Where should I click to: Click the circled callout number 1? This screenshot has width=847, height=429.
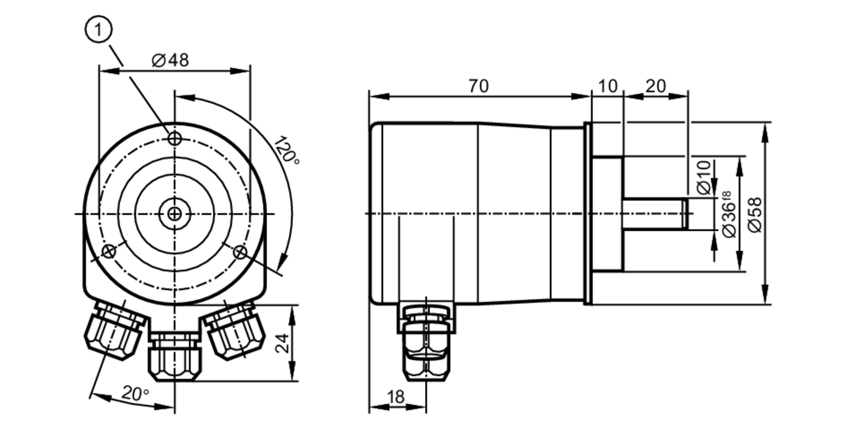(99, 30)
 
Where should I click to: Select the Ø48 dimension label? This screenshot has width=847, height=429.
(170, 61)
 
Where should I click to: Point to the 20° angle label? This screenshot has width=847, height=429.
(136, 393)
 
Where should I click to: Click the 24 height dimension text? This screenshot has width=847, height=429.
(282, 343)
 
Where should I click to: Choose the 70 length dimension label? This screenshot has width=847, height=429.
(479, 86)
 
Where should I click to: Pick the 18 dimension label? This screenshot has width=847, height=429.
(396, 397)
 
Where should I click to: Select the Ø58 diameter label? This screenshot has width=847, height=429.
(755, 215)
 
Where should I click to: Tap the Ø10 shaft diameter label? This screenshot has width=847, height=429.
(703, 177)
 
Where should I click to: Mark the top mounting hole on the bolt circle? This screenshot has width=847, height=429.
(175, 138)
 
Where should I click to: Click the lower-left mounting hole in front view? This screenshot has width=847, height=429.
(109, 252)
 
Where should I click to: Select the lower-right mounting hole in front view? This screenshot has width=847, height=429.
(240, 252)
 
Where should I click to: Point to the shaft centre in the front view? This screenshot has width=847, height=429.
(174, 214)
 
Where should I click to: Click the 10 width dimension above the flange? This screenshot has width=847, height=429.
(608, 86)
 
